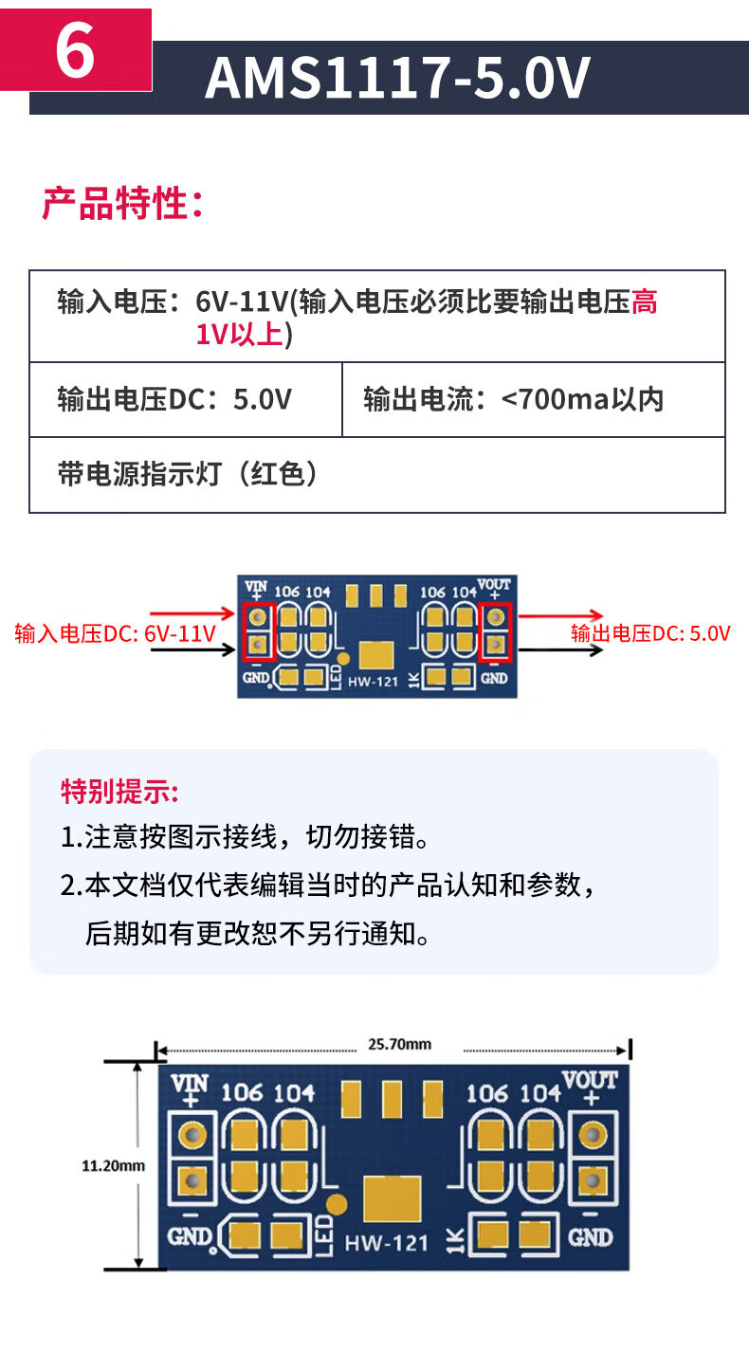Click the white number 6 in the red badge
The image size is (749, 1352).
click(x=75, y=52)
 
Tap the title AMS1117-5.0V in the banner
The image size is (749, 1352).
click(x=397, y=78)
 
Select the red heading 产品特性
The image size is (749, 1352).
click(x=122, y=203)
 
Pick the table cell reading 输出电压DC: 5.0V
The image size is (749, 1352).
click(x=174, y=399)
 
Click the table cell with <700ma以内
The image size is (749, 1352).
click(x=514, y=399)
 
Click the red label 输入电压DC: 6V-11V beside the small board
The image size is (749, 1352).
click(x=115, y=633)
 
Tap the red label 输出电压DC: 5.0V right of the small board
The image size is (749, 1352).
click(x=650, y=633)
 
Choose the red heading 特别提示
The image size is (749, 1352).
click(x=119, y=790)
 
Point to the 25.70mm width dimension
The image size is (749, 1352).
click(x=399, y=1044)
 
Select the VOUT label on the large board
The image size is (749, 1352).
click(x=590, y=1080)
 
